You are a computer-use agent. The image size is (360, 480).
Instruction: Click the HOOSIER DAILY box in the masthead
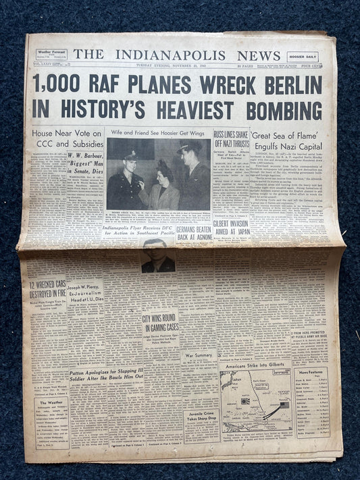(x=302, y=57)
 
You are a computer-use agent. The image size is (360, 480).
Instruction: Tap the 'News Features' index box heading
(x=311, y=372)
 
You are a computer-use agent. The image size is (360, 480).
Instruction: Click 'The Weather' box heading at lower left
(x=51, y=403)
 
